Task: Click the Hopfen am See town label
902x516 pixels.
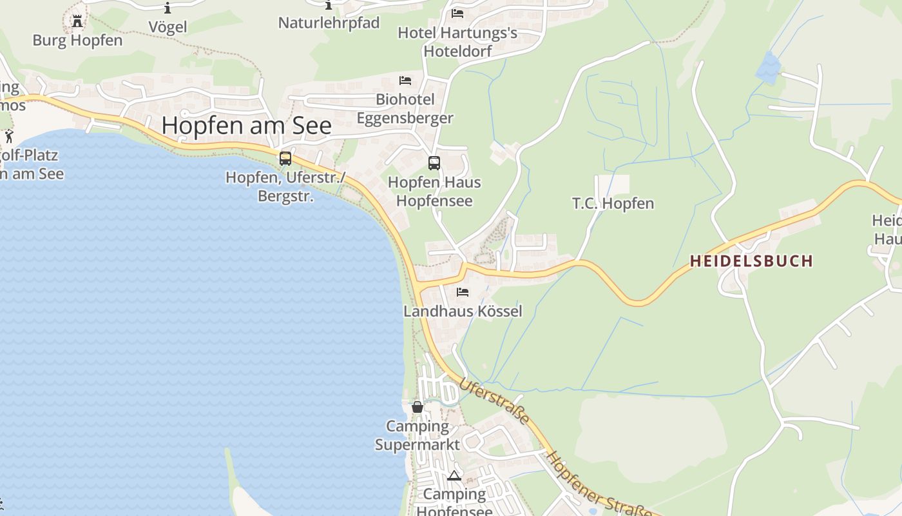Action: [x=246, y=125]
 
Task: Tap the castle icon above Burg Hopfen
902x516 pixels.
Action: [x=77, y=21]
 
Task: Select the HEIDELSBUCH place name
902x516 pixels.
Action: [x=751, y=261]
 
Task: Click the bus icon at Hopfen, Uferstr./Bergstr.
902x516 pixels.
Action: [x=285, y=158]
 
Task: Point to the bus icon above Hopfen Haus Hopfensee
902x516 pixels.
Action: [x=434, y=163]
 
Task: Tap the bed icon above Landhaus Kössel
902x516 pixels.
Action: [x=463, y=292]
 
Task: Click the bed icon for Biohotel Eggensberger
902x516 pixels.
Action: [x=405, y=81]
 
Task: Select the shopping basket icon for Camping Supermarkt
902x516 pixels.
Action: [x=417, y=407]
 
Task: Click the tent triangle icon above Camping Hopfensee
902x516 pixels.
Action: [x=454, y=476]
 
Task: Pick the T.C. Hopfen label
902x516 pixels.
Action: [x=613, y=203]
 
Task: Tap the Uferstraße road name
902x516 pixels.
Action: [x=494, y=401]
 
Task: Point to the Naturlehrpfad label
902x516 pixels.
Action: [x=329, y=23]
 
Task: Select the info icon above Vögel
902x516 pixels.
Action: [x=168, y=8]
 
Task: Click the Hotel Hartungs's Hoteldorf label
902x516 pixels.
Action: [x=457, y=41]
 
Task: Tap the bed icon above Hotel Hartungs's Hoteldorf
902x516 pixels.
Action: [x=457, y=13]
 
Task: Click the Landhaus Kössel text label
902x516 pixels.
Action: [x=463, y=311]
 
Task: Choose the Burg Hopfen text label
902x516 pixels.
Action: [x=77, y=40]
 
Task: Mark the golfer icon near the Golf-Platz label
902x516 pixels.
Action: [x=9, y=136]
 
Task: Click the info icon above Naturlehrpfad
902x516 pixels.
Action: [x=329, y=5]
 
